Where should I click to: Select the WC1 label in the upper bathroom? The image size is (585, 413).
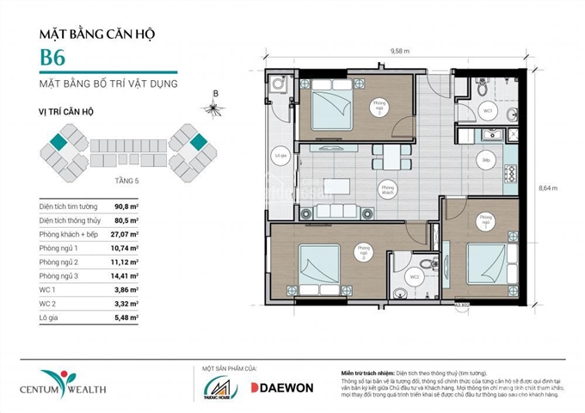click(486, 112)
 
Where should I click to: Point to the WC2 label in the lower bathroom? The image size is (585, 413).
click(415, 276)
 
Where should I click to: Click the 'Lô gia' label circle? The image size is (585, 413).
click(279, 157)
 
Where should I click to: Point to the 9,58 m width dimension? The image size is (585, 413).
click(398, 51)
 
